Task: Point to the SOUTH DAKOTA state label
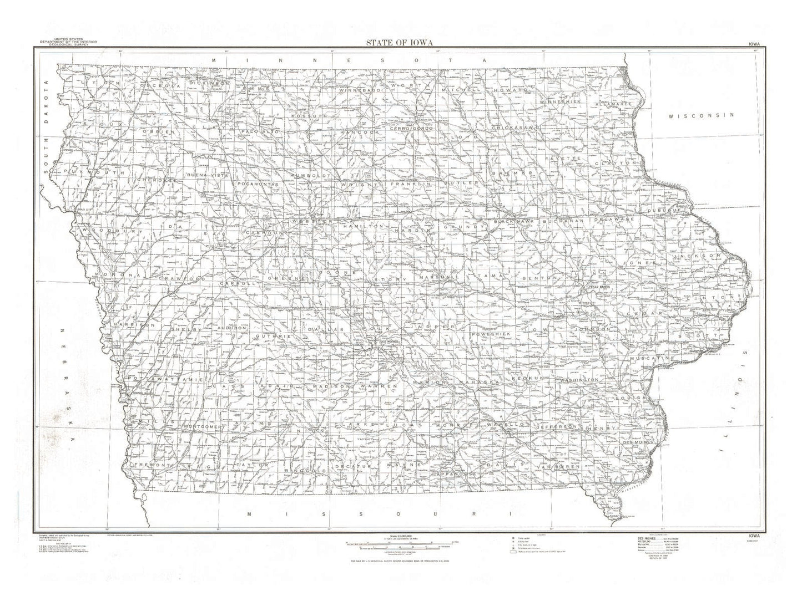47,127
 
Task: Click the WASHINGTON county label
579,380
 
